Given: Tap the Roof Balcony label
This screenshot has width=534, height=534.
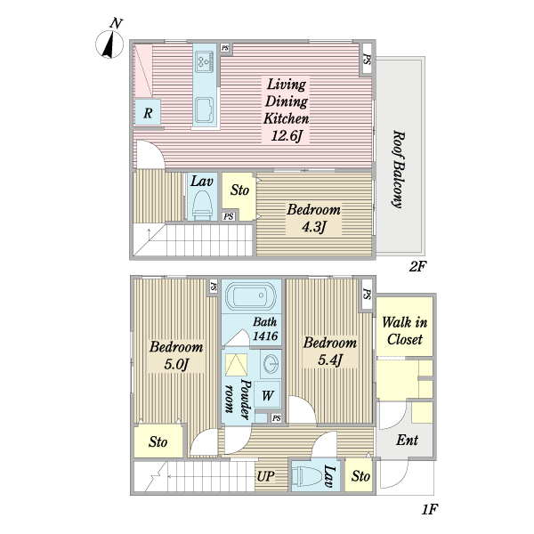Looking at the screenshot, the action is tap(399, 170).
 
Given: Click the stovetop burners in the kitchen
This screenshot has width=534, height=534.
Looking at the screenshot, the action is tap(204, 61).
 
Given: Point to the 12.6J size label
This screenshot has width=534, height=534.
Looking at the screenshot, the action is tap(285, 135).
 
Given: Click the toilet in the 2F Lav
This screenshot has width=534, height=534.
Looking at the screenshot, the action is tap(202, 205).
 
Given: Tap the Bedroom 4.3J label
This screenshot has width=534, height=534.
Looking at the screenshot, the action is tap(312, 217).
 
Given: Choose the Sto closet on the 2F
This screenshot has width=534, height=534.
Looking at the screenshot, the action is tap(239, 191).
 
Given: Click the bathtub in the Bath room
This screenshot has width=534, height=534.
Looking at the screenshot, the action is tap(251, 295).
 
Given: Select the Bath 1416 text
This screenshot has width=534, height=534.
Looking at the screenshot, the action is tap(265, 328).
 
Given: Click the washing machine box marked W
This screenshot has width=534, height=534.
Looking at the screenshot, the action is tap(268, 395).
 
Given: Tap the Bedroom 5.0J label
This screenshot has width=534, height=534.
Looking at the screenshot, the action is tap(175, 355).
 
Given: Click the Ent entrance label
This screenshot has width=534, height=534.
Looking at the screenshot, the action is tap(408, 440).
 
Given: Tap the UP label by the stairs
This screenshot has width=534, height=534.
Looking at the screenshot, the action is tap(265, 476).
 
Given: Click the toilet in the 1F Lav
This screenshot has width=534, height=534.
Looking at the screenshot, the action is tap(308, 476).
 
